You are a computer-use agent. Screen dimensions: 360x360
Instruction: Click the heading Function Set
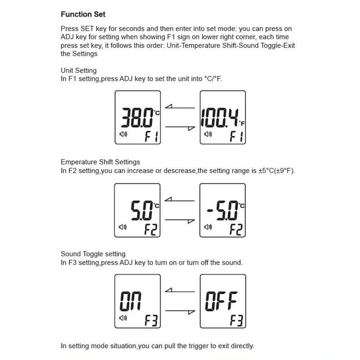point(83,14)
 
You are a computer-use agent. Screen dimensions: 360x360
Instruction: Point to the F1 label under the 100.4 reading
point(237,137)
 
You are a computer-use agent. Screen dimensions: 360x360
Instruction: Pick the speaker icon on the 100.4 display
point(208,134)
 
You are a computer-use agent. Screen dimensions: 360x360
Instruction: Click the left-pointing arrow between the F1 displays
point(180,107)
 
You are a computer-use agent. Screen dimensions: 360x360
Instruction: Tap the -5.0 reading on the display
point(222,211)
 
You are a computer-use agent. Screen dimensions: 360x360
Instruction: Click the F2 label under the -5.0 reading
point(236,229)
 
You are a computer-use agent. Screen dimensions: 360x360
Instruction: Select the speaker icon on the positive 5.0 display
point(123,227)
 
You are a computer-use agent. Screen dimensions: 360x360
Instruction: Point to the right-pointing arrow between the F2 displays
point(180,220)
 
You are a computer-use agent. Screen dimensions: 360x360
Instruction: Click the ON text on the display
point(130,301)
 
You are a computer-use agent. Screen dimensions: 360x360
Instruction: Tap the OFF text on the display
point(221,301)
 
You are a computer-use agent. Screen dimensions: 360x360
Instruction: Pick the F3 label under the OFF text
point(237,320)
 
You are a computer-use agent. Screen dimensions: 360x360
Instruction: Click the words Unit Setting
point(78,71)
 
